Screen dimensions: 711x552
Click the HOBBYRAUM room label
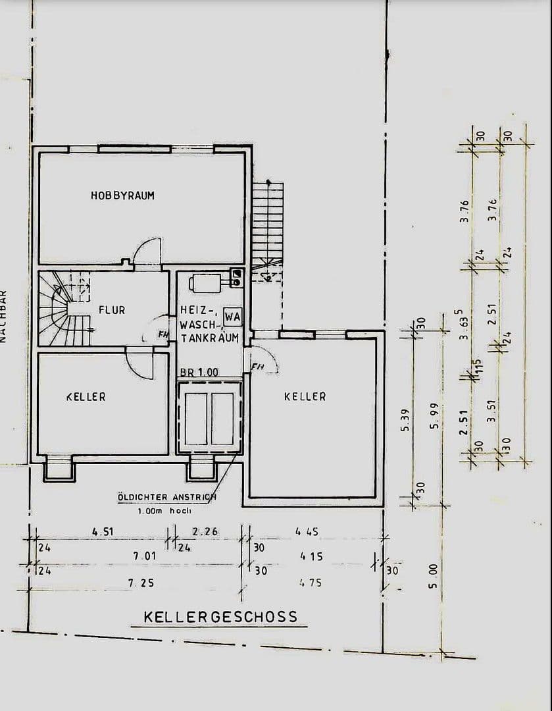coord(122,196)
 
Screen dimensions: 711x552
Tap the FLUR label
coord(112,309)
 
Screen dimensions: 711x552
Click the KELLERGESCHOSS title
coord(220,618)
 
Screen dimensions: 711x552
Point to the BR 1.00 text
coord(199,372)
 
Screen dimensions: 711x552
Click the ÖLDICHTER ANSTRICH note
coord(166,498)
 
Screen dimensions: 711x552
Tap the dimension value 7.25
coord(143,583)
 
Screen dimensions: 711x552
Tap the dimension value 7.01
coord(144,556)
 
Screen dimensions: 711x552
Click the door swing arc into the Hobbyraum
coord(146,251)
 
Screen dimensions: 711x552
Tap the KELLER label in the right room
coord(305,396)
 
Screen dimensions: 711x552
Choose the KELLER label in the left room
coord(86,397)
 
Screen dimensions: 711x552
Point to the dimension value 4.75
coord(311,583)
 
